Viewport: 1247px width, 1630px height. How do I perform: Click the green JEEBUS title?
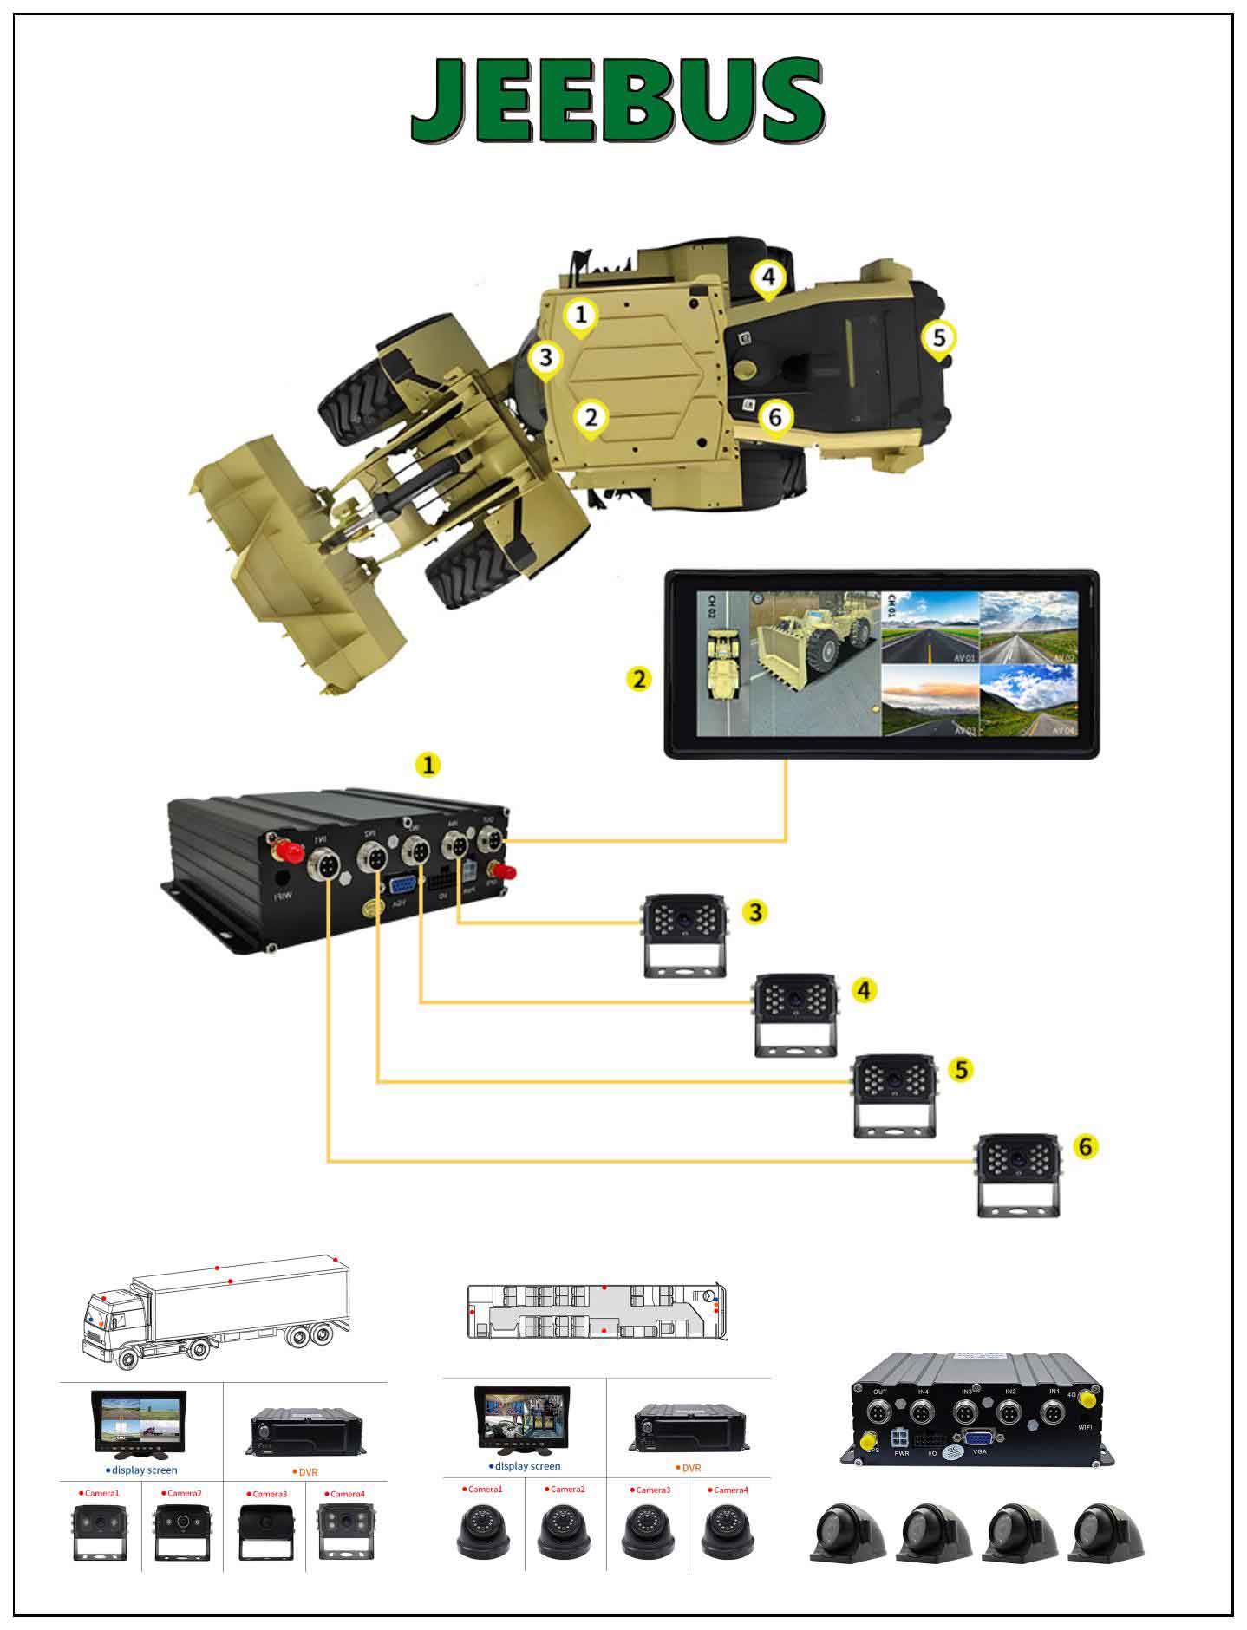pyautogui.click(x=617, y=101)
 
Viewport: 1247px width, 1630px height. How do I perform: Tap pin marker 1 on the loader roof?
pyautogui.click(x=581, y=315)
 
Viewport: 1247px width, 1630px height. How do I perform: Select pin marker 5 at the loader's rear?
pyautogui.click(x=939, y=336)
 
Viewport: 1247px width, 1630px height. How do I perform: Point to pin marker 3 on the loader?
pyautogui.click(x=545, y=357)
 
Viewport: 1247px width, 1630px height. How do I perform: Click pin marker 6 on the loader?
pyautogui.click(x=774, y=418)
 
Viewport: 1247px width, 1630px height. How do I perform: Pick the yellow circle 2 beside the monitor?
pyautogui.click(x=639, y=678)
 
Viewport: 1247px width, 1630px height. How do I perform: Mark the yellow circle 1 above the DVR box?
pyautogui.click(x=428, y=764)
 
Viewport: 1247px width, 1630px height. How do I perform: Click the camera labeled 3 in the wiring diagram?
pyautogui.click(x=682, y=935)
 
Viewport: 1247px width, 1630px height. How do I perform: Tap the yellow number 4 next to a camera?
pyautogui.click(x=864, y=989)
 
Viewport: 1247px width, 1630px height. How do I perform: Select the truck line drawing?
pyautogui.click(x=217, y=1310)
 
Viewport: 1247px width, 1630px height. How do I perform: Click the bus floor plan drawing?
pyautogui.click(x=597, y=1312)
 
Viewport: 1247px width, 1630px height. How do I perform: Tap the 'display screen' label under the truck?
pyautogui.click(x=144, y=1470)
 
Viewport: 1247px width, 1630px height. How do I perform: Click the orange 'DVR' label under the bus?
pyautogui.click(x=690, y=1468)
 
